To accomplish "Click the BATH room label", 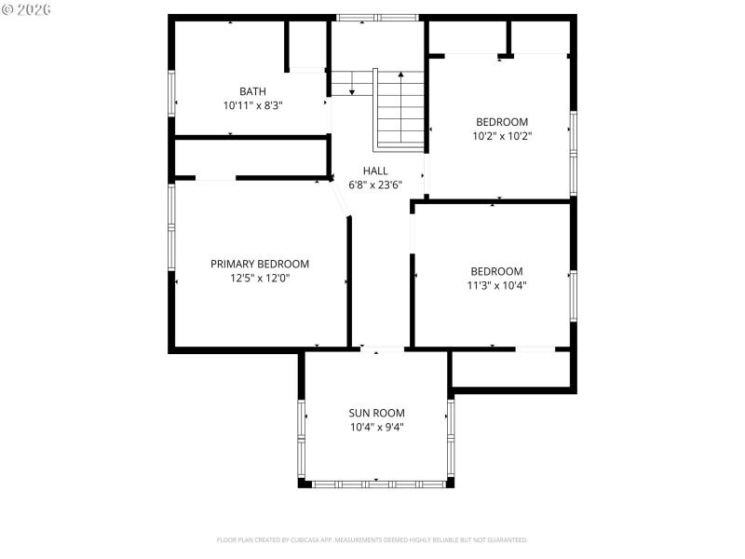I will pyautogui.click(x=252, y=91).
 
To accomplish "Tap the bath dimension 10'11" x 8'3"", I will pyautogui.click(x=252, y=105).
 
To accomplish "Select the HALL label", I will pyautogui.click(x=375, y=170).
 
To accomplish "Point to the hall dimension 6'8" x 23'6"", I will pyautogui.click(x=375, y=184).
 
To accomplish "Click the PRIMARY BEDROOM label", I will pyautogui.click(x=260, y=264).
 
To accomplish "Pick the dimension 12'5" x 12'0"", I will pyautogui.click(x=260, y=278).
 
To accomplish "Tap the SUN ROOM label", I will pyautogui.click(x=376, y=413).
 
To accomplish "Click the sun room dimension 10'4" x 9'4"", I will pyautogui.click(x=376, y=427).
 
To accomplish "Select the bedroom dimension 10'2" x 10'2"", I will pyautogui.click(x=502, y=135).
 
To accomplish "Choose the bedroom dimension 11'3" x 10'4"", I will pyautogui.click(x=496, y=286).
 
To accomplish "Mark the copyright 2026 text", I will pyautogui.click(x=27, y=9).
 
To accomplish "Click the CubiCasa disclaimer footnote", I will pyautogui.click(x=372, y=539).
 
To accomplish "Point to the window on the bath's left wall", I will pyautogui.click(x=171, y=93).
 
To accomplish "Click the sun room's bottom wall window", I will pyautogui.click(x=377, y=484).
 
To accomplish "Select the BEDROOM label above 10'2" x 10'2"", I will pyautogui.click(x=502, y=121).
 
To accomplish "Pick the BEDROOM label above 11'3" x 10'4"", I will pyautogui.click(x=496, y=271).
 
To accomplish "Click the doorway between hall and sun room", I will pyautogui.click(x=382, y=350).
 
